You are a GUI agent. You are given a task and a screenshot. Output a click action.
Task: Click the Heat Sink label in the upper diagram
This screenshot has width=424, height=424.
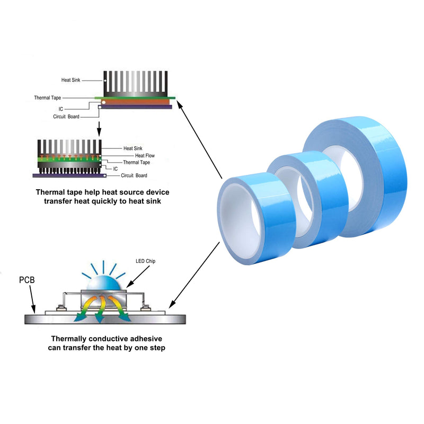point(70,80)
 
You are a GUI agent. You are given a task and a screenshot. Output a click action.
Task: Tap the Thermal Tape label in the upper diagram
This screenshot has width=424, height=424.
point(48,98)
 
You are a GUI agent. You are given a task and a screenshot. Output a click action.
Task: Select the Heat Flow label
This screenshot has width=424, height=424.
point(145,155)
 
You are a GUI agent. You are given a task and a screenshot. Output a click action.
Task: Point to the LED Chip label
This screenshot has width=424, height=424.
point(145,261)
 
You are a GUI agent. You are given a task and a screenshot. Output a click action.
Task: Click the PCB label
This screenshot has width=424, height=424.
point(27,280)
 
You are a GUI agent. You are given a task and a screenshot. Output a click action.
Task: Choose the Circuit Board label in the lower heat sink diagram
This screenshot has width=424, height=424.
point(134,175)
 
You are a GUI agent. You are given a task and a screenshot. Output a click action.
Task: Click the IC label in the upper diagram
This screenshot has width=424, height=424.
point(61,109)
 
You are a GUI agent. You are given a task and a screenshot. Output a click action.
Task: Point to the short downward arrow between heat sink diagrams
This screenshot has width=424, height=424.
point(99,129)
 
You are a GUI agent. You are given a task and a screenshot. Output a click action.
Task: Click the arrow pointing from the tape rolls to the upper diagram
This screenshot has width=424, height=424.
point(200,139)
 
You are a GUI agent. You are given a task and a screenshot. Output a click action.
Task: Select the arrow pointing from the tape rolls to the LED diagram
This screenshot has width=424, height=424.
point(194,275)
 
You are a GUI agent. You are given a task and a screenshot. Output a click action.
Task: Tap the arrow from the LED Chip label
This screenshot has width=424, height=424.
point(138,276)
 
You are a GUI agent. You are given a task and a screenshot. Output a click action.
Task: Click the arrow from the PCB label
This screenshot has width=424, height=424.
point(32,299)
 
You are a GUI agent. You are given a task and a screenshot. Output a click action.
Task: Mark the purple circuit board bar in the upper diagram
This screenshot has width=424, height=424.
point(136,107)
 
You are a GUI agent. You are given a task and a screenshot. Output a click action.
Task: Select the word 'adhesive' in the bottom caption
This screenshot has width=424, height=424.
point(145,339)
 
